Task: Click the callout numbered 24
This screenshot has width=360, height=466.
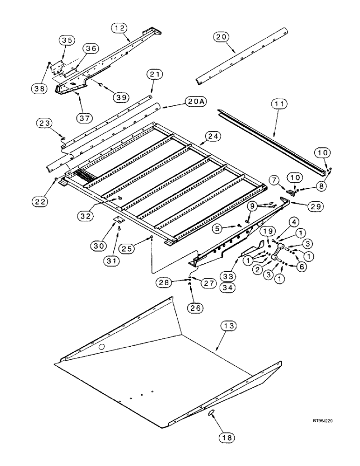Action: pyautogui.click(x=212, y=136)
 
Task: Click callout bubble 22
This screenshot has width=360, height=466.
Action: pyautogui.click(x=41, y=187)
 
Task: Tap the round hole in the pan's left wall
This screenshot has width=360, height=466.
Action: pyautogui.click(x=101, y=347)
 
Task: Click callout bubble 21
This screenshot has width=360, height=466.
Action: pyautogui.click(x=154, y=75)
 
